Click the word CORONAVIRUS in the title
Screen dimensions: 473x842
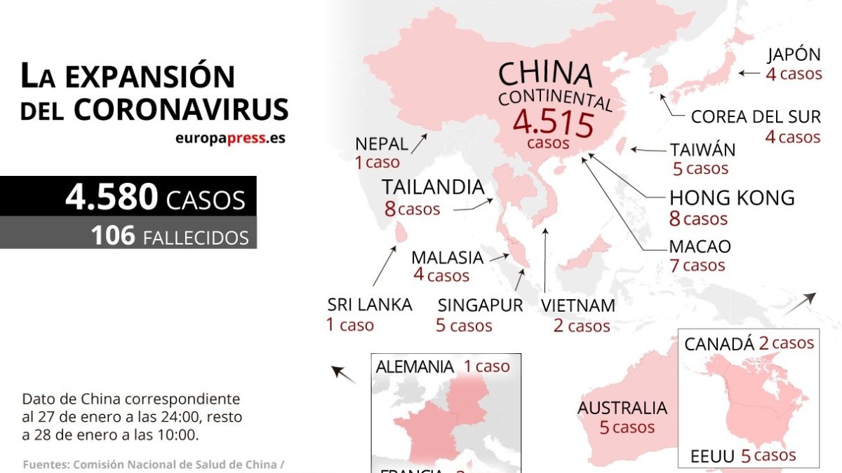pos(181,109)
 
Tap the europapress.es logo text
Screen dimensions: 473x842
pos(230,138)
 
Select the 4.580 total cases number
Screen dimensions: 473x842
pos(112,198)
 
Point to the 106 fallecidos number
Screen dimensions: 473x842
pos(112,235)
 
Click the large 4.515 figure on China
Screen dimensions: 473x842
pos(554,123)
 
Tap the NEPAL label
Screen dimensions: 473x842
pos(381,144)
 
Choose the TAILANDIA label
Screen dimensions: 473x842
pos(433,188)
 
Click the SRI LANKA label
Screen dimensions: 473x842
pos(369,305)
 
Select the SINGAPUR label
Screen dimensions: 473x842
pos(480,306)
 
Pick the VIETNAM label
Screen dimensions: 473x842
pos(578,306)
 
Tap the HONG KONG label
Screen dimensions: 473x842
pos(732,198)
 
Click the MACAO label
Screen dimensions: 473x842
pos(700,247)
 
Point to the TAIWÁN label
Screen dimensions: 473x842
pos(702,150)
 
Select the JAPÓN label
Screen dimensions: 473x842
pos(794,55)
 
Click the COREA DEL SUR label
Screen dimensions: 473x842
pos(756,117)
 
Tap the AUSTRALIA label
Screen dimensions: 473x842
pos(622,408)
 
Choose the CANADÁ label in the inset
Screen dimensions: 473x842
pos(719,344)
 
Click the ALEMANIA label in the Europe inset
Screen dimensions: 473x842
pos(415,366)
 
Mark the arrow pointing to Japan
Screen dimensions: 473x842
pos(749,73)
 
